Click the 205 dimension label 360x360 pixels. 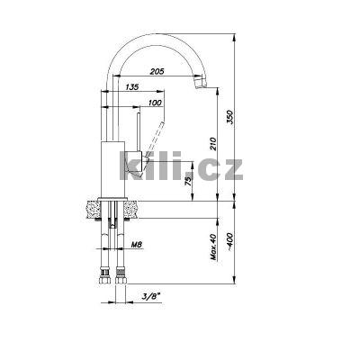157,71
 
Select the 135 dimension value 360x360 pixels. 132,87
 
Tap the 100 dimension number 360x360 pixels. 155,103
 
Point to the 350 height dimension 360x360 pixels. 229,118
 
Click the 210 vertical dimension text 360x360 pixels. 212,144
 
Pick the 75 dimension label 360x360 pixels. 188,180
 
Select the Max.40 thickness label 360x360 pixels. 213,247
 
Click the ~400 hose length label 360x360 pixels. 230,241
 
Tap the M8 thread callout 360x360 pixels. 137,245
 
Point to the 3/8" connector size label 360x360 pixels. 151,296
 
